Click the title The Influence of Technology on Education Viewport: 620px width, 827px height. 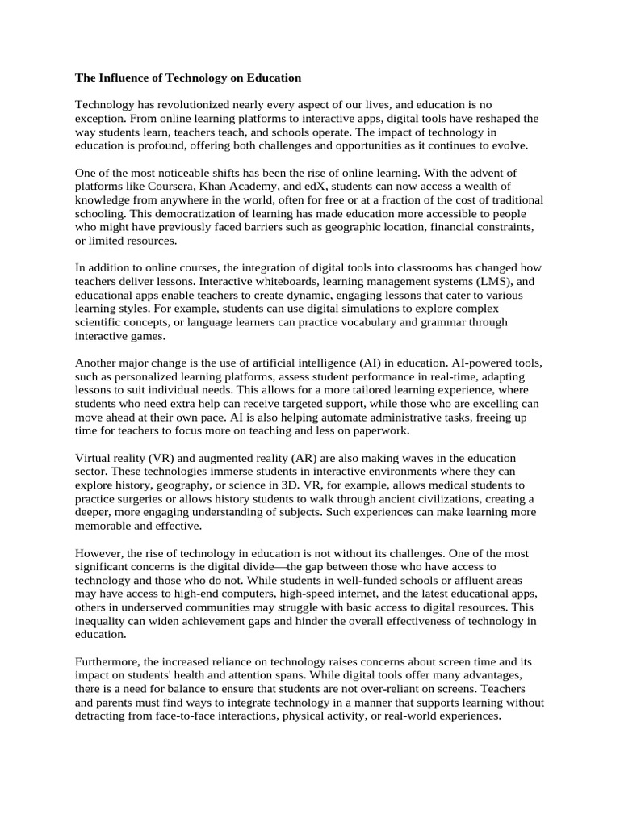(x=188, y=78)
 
